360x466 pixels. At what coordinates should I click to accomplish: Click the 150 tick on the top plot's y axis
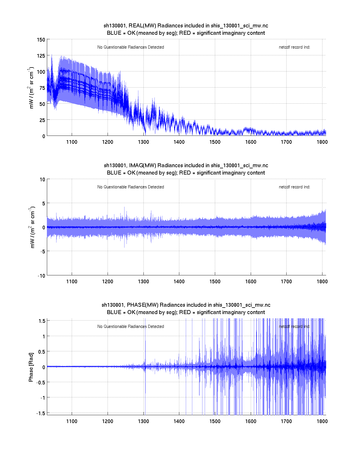[x=41, y=40]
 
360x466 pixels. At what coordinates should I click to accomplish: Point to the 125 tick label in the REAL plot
[x=41, y=56]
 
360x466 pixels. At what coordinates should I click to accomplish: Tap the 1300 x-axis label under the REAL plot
[x=143, y=142]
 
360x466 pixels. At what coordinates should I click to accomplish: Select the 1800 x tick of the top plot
[x=322, y=142]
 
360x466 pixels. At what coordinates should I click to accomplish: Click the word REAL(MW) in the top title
[x=142, y=26]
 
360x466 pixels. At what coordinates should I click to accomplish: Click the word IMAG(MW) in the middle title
[x=143, y=166]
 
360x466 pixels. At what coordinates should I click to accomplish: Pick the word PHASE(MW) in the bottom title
[x=143, y=305]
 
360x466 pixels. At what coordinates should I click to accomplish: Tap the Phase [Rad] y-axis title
[x=31, y=367]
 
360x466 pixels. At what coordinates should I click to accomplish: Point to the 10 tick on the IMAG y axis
[x=42, y=179]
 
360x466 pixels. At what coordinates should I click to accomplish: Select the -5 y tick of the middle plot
[x=42, y=251]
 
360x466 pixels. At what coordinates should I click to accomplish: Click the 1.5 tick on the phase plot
[x=42, y=321]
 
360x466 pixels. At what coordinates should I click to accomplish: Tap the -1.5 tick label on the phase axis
[x=41, y=413]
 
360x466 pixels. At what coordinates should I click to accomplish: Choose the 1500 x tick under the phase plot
[x=215, y=421]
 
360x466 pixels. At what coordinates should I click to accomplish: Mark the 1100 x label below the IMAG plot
[x=72, y=281]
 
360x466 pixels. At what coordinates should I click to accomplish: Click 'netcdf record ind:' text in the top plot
[x=294, y=47]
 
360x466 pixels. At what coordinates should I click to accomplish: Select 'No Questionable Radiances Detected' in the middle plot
[x=130, y=187]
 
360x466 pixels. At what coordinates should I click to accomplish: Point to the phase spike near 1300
[x=145, y=347]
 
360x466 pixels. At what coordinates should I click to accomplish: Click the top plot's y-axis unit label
[x=31, y=88]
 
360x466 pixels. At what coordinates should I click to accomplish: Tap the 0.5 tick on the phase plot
[x=42, y=351]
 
